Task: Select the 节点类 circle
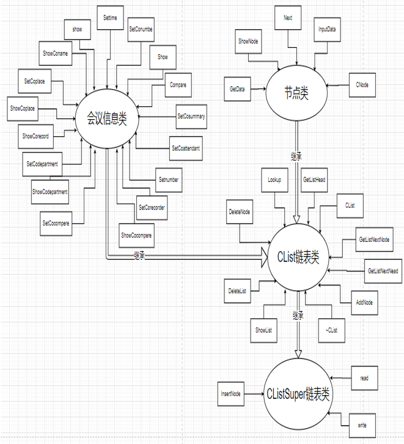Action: click(296, 93)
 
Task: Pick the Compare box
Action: click(178, 85)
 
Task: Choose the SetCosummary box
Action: click(191, 115)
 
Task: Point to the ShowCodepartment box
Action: click(50, 192)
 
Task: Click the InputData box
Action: click(327, 29)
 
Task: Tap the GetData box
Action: click(237, 89)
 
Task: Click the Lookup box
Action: click(274, 180)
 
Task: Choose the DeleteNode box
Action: click(240, 211)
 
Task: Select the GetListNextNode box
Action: click(374, 239)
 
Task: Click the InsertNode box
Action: click(231, 394)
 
